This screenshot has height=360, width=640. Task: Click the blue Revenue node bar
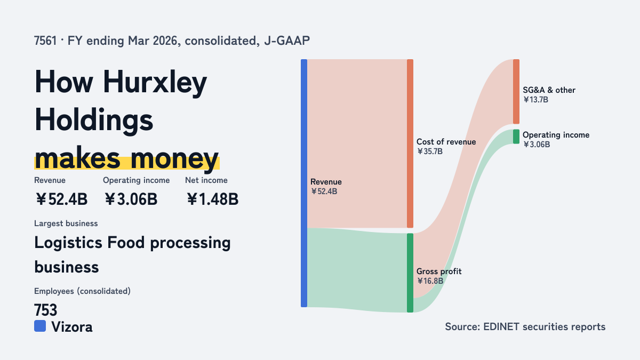click(x=304, y=183)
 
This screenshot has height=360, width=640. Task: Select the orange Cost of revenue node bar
click(x=410, y=143)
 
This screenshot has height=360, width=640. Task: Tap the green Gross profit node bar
click(x=410, y=273)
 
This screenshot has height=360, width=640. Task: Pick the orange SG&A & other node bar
click(x=516, y=91)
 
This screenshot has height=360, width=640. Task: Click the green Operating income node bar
click(x=516, y=137)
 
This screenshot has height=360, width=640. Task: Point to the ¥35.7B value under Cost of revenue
click(x=430, y=151)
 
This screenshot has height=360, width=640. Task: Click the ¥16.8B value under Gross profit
click(x=430, y=281)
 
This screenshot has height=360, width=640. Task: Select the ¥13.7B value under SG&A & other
click(x=535, y=100)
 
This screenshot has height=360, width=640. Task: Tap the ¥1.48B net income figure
click(x=213, y=199)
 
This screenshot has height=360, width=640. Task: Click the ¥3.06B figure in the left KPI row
click(x=131, y=199)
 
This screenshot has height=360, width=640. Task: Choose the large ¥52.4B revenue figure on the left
click(x=61, y=199)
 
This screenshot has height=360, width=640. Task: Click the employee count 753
click(x=46, y=310)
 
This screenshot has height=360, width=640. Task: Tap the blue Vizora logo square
click(x=40, y=326)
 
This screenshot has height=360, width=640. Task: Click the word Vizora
click(x=72, y=327)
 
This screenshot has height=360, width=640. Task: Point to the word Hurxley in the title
click(x=155, y=83)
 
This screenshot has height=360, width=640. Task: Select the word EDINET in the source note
click(x=501, y=326)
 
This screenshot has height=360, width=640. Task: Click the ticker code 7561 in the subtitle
click(x=45, y=41)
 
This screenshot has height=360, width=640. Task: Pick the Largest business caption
click(x=66, y=223)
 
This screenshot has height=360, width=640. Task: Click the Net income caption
click(x=206, y=180)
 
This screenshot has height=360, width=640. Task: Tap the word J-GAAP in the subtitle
click(x=287, y=41)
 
